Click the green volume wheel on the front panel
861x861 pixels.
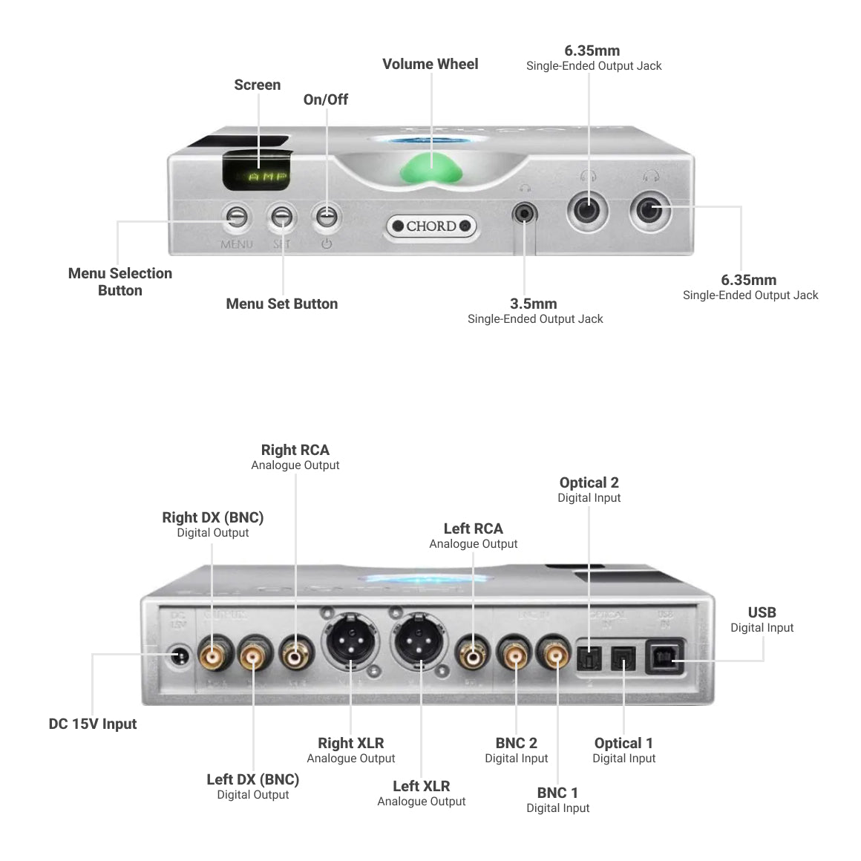pyautogui.click(x=431, y=170)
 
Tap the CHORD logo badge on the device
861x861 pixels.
pyautogui.click(x=431, y=226)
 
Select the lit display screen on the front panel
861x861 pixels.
pyautogui.click(x=257, y=171)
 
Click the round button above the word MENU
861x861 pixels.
pyautogui.click(x=237, y=217)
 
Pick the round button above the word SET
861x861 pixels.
pyautogui.click(x=282, y=217)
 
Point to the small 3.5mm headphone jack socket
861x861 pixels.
pyautogui.click(x=525, y=215)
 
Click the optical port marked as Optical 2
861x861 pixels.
pyautogui.click(x=589, y=658)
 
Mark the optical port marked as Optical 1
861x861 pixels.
pyautogui.click(x=623, y=658)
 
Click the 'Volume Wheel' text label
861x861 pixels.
pyautogui.click(x=430, y=65)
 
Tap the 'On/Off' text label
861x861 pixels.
pyautogui.click(x=325, y=99)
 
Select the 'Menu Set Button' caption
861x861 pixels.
pyautogui.click(x=282, y=304)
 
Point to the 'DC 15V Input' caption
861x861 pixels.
pyautogui.click(x=93, y=724)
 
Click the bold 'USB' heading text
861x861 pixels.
pyautogui.click(x=762, y=612)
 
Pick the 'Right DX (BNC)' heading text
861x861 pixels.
pyautogui.click(x=213, y=517)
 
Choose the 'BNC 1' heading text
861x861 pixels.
pyautogui.click(x=557, y=793)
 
